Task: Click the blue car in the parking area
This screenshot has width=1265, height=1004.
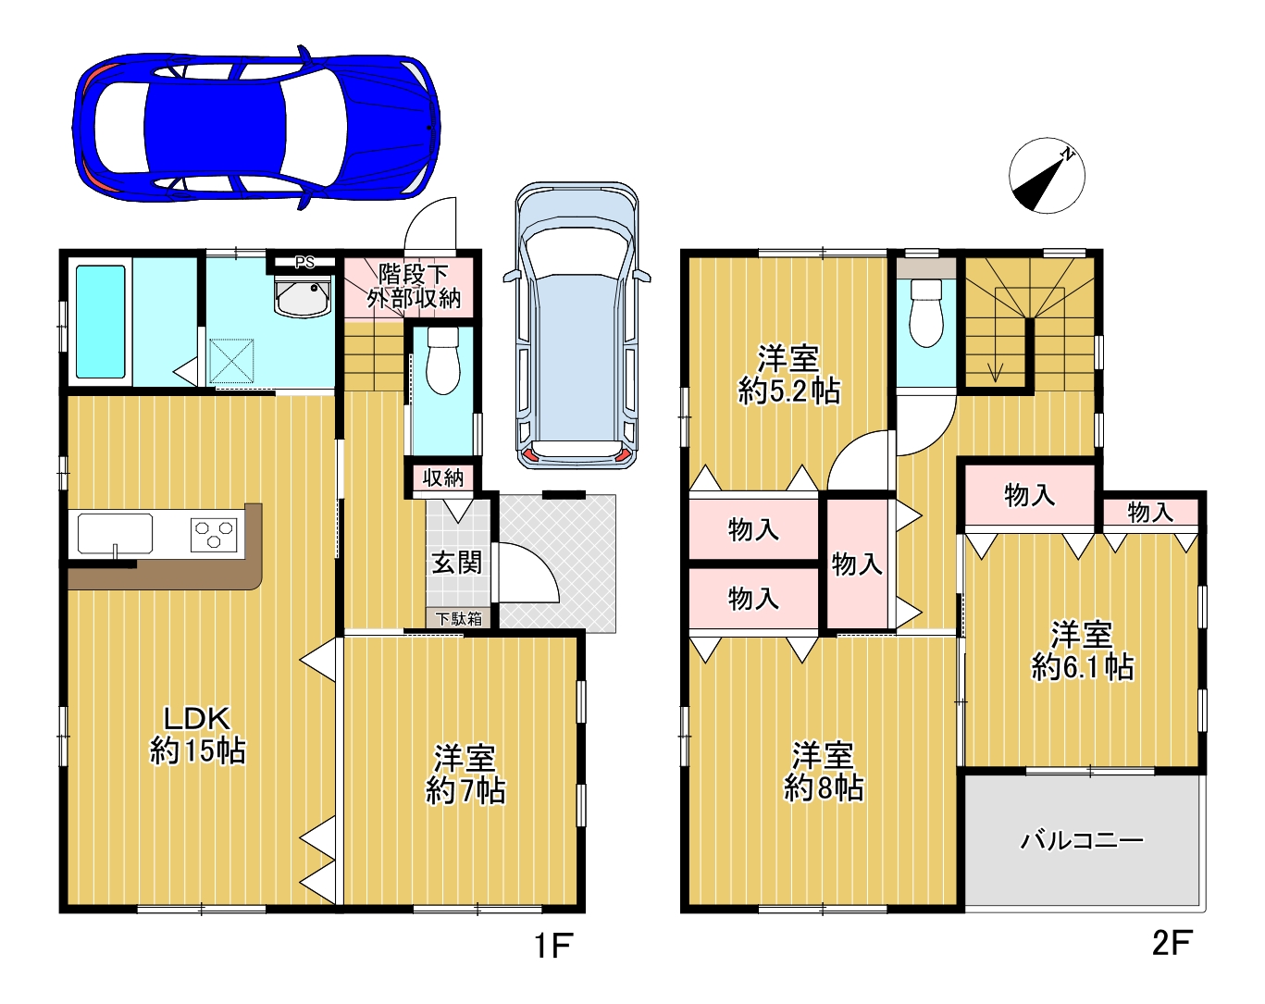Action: point(256,127)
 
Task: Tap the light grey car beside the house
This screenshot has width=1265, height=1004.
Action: point(577,325)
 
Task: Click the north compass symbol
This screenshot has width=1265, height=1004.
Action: point(1047,176)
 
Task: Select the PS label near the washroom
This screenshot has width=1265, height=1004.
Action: point(304,262)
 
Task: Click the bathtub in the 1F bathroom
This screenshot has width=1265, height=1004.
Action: point(101,321)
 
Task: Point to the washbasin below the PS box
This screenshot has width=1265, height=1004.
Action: point(303,296)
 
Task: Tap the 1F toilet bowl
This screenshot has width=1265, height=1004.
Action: point(442,360)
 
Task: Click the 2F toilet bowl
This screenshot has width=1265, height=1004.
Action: point(925,312)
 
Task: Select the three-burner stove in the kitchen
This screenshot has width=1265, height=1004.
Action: point(214,535)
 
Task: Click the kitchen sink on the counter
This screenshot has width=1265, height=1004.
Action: point(116,534)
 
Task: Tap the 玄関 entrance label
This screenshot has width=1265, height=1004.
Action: point(457,563)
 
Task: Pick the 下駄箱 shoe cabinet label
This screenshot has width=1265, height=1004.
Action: point(458,618)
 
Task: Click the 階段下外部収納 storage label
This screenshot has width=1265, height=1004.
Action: point(414,286)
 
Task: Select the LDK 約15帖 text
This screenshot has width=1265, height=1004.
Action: point(197,736)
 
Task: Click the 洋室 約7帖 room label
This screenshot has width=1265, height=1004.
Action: point(465,775)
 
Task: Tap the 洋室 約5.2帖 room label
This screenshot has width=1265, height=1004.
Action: point(788,375)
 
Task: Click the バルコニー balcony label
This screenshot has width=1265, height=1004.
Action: point(1082,840)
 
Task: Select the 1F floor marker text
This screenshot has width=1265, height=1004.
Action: point(553,946)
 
